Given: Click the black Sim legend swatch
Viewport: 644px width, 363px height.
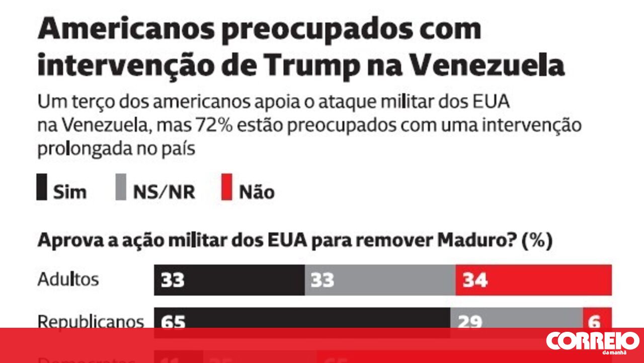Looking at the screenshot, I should pyautogui.click(x=42, y=187).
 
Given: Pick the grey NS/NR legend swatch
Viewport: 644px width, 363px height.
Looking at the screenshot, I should pyautogui.click(x=121, y=187).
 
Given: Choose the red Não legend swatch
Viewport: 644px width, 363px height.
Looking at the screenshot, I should pyautogui.click(x=227, y=187).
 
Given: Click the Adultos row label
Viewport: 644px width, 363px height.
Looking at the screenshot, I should pyautogui.click(x=68, y=279).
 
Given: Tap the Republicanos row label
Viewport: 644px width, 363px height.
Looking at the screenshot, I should pyautogui.click(x=91, y=321).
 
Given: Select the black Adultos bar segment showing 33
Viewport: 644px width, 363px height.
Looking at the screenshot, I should pyautogui.click(x=229, y=280).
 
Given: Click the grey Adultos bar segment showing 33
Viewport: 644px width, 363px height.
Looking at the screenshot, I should pyautogui.click(x=380, y=280).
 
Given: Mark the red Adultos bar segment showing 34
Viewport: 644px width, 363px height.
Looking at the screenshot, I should pyautogui.click(x=533, y=280).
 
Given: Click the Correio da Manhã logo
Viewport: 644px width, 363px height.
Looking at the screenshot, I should pyautogui.click(x=592, y=342).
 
